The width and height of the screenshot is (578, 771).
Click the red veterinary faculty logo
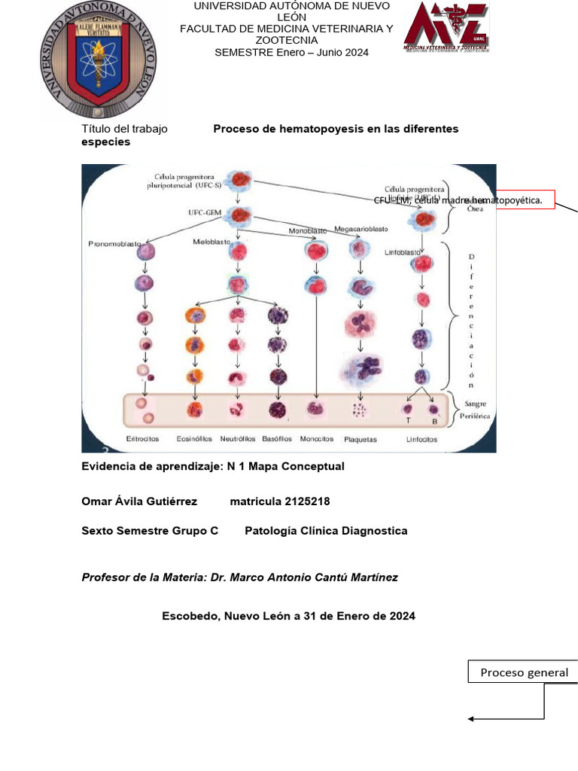[446, 28]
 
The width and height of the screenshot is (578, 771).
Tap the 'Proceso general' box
[524, 672]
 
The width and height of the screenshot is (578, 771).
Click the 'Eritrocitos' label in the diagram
[141, 439]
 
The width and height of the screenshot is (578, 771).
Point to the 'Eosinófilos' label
[194, 439]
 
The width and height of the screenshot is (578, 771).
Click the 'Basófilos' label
[276, 439]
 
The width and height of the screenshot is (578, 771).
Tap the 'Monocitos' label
[317, 439]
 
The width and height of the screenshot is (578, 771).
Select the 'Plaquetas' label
[360, 440]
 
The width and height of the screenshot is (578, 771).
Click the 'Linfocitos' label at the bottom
[421, 440]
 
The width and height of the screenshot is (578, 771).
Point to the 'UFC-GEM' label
[205, 213]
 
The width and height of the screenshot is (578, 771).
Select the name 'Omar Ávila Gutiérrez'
[139, 501]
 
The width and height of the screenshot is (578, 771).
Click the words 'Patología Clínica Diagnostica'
[326, 531]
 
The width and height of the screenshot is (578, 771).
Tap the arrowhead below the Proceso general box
[471, 719]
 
